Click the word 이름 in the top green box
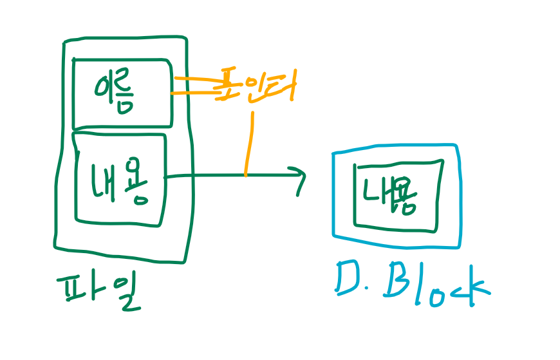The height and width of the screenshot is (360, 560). [120, 94]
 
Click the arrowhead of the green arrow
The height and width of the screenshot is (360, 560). [300, 175]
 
